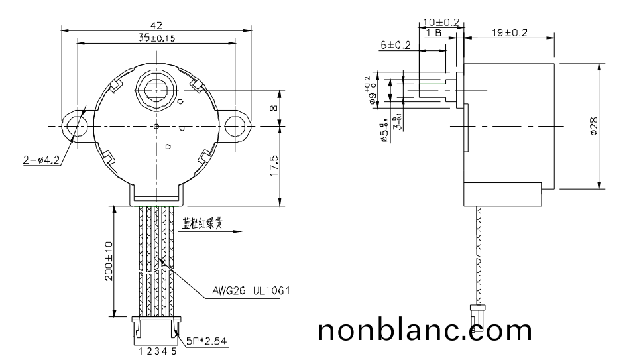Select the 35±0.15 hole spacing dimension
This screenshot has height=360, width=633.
point(156,38)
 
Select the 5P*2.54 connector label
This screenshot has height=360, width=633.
point(206,341)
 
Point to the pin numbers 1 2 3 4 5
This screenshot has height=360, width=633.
point(157,352)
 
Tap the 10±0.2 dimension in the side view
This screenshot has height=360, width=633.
point(441,22)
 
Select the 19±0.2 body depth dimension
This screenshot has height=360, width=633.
point(510,32)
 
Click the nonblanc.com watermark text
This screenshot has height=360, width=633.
point(425,330)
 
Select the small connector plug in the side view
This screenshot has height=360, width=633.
point(476,310)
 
